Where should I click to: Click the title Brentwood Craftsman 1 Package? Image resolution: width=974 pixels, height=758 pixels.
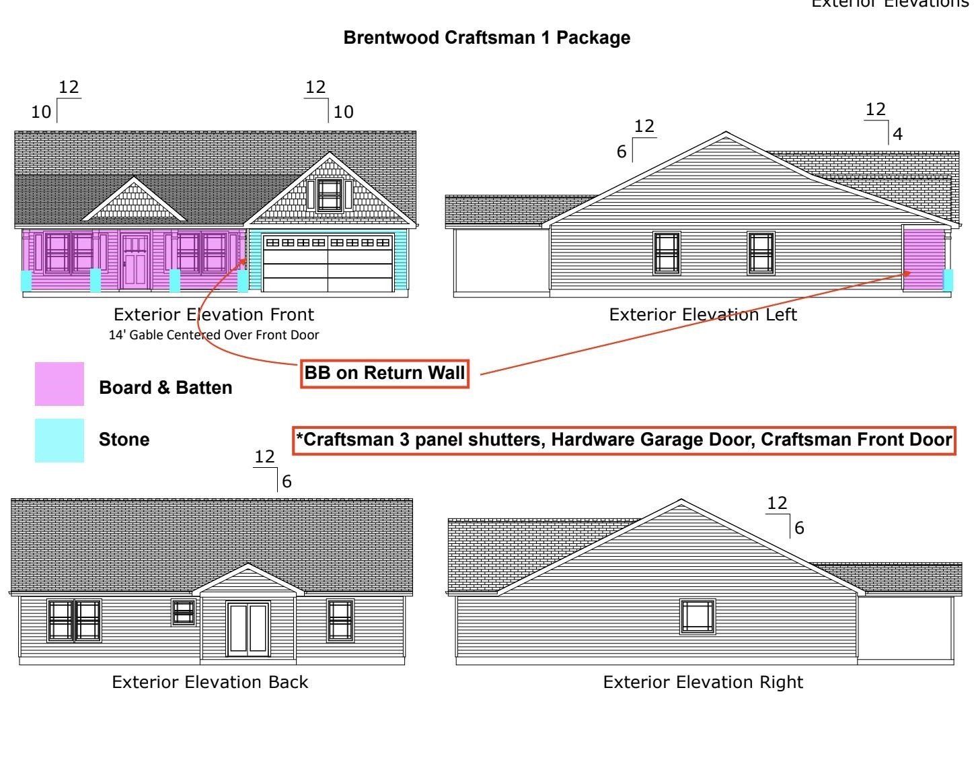486,38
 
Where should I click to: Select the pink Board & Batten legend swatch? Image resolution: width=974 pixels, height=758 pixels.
59,384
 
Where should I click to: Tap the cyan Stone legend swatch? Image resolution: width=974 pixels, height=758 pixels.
59,440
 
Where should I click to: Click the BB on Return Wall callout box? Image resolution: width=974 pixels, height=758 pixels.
384,374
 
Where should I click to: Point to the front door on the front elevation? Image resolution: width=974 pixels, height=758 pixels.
136,261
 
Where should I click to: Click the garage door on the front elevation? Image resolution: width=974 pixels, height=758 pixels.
328,263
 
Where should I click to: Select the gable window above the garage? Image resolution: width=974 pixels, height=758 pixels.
329,195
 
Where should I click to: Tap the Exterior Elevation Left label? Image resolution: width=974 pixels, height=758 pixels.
703,314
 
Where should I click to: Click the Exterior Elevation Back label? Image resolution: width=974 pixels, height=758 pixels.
210,682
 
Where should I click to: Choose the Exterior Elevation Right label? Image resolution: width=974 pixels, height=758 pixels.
703,682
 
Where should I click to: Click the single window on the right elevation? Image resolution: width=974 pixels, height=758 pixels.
698,617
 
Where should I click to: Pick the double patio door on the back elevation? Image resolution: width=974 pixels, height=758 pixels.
248,629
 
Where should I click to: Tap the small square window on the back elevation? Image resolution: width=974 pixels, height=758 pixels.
184,612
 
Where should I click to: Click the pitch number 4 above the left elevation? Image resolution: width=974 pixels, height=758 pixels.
897,135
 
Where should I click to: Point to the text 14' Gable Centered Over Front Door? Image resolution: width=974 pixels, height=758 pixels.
214,335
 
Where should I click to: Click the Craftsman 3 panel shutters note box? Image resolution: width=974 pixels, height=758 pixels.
624,440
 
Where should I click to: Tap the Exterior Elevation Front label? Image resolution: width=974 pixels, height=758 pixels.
214,314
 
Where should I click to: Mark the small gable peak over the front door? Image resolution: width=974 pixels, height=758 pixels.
135,200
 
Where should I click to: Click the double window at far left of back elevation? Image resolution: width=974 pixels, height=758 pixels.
74,620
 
